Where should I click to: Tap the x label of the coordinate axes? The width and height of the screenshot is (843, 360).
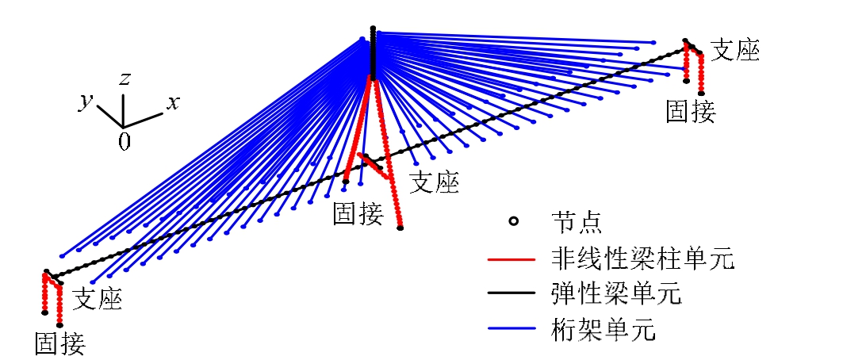point(172,102)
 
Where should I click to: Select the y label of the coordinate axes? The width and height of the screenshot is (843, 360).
point(85,101)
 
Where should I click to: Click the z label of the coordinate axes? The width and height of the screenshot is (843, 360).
point(125,78)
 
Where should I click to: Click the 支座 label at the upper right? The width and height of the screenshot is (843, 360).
point(734,51)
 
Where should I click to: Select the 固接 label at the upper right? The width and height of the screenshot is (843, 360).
point(691,111)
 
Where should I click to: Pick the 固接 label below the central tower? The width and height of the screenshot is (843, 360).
point(358,213)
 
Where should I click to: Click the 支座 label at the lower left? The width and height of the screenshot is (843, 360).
point(98,299)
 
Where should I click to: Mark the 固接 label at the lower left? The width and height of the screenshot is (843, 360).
point(59,343)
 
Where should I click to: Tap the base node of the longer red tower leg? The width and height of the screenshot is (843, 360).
point(400,228)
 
